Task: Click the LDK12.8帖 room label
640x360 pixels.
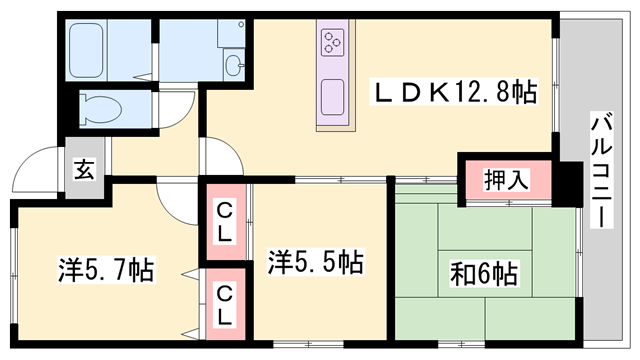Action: [454, 93]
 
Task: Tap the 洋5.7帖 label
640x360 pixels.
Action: [104, 269]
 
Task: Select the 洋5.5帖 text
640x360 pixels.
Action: [314, 263]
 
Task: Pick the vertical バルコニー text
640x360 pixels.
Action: [602, 170]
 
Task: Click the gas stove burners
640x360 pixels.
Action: [332, 43]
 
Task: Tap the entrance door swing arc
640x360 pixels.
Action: [38, 170]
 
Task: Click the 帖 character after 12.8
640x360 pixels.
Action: [524, 93]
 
